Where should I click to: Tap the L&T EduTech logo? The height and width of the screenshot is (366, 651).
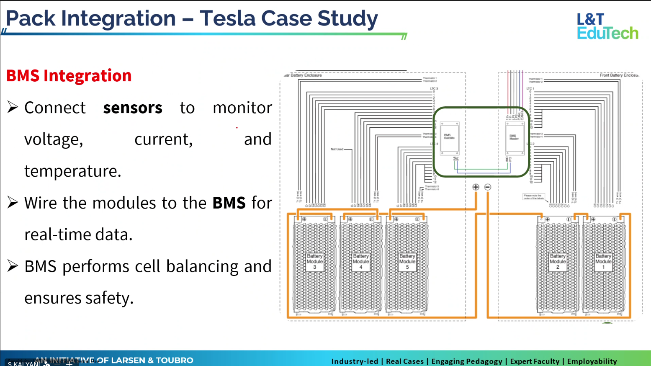tap(607, 26)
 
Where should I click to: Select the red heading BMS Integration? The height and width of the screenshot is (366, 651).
tap(69, 76)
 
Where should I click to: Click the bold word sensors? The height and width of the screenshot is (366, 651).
tap(132, 108)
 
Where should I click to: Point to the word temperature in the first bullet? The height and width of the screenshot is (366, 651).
tap(72, 171)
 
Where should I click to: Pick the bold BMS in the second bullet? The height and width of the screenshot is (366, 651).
tap(229, 203)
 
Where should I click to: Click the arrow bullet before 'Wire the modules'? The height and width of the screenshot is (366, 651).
tap(13, 203)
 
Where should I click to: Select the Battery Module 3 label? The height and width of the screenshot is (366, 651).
tap(314, 261)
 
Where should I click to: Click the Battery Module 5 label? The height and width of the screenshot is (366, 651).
tap(407, 261)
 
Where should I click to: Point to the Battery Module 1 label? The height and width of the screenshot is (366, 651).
tap(603, 261)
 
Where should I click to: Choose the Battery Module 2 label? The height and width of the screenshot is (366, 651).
tap(557, 261)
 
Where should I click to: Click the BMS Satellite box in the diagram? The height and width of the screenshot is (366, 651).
tap(449, 138)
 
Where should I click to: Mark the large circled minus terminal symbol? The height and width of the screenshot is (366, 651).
tap(488, 187)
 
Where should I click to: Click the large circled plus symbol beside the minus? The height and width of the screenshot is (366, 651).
tap(476, 187)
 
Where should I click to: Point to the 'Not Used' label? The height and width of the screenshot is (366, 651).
tap(337, 149)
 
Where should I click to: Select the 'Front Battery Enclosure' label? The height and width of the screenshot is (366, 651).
tap(619, 75)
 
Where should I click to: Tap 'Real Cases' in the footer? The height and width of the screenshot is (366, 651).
tap(404, 361)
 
